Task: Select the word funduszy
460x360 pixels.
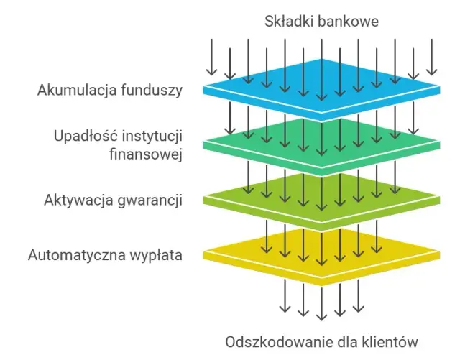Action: (x=148, y=91)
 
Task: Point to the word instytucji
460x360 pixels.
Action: (x=149, y=136)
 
